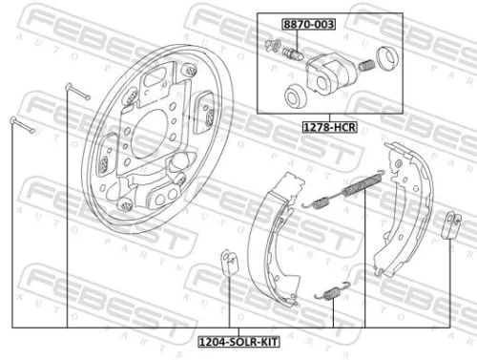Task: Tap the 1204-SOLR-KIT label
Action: [x=232, y=340]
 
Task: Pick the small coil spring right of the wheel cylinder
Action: [x=363, y=67]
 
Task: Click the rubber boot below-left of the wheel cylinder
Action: [x=296, y=95]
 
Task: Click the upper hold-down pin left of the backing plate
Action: [x=76, y=91]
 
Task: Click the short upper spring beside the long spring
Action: [x=321, y=200]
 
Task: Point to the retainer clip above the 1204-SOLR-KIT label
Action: [x=229, y=259]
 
